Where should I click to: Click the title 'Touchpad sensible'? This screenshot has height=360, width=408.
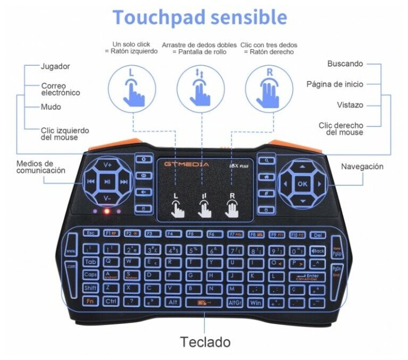(x=199, y=17)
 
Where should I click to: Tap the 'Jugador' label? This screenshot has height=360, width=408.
(x=55, y=67)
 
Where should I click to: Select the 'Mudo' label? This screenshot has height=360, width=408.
(x=51, y=107)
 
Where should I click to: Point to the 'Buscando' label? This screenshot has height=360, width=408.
(x=345, y=64)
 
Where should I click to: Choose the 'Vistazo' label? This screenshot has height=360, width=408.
(x=350, y=105)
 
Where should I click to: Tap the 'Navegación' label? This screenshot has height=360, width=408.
(x=362, y=166)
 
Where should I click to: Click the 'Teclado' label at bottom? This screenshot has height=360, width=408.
(x=205, y=342)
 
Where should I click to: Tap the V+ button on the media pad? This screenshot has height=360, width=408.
(x=108, y=165)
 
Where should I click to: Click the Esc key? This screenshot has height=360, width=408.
(x=91, y=233)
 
